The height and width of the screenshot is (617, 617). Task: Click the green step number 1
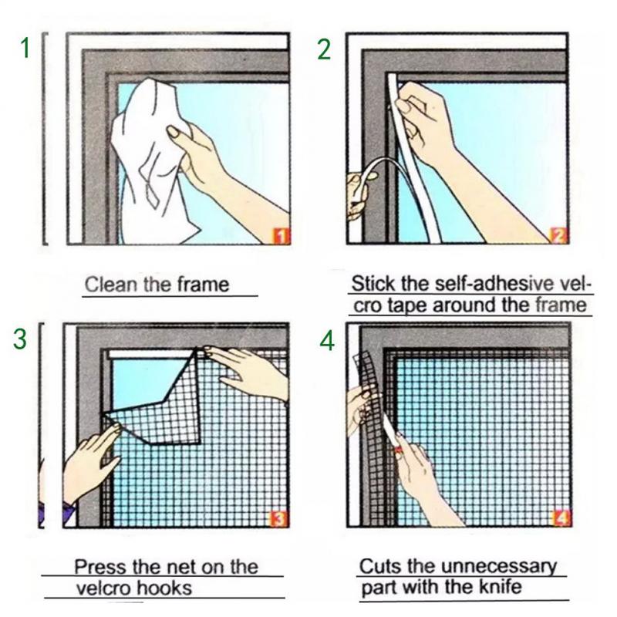25,48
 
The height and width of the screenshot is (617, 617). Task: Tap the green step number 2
325,48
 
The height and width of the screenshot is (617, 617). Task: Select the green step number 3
21,339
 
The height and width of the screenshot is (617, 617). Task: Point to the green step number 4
328,340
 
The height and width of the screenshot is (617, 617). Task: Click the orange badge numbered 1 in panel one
282,235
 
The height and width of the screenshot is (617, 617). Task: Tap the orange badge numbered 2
558,235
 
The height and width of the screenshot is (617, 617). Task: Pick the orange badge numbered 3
279,518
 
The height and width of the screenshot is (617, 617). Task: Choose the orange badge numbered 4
561,518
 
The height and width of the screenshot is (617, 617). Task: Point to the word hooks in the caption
165,588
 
